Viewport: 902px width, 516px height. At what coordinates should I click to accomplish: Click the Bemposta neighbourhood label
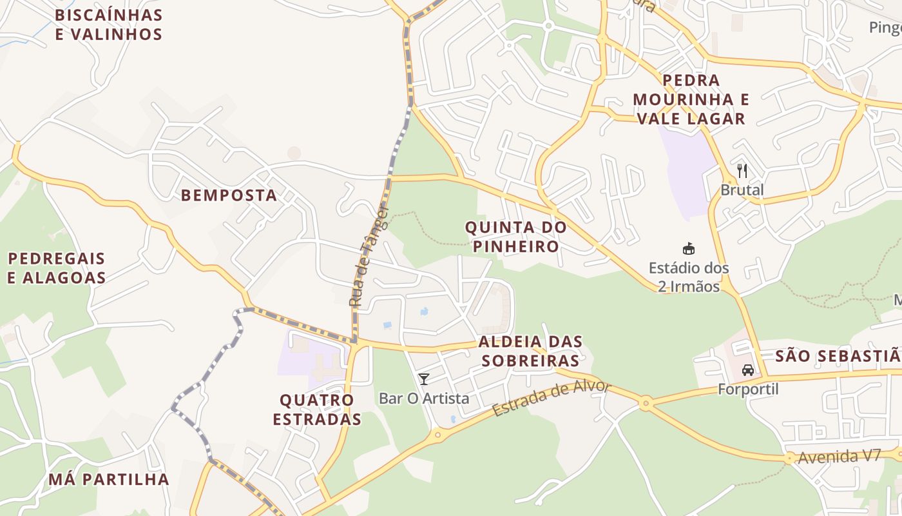(229, 195)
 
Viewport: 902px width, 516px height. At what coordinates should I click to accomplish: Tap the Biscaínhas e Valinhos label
(108, 25)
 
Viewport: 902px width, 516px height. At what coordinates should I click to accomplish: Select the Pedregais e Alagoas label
(57, 268)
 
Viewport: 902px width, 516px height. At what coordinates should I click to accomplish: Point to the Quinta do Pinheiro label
(515, 237)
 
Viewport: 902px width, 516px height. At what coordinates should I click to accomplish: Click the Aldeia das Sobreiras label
(530, 351)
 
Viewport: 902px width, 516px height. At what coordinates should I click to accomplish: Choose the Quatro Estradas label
(316, 410)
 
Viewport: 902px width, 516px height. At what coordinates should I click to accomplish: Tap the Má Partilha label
(108, 479)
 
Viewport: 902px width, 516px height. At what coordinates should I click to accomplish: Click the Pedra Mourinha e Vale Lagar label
(691, 99)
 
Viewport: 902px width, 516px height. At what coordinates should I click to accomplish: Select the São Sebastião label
(837, 356)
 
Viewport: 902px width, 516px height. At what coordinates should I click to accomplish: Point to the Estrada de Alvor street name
(551, 398)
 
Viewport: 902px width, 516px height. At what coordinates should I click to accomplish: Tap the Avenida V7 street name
(839, 456)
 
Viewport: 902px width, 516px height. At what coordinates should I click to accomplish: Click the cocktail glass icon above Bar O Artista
(423, 379)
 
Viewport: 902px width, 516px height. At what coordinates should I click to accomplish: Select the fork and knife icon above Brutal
(742, 171)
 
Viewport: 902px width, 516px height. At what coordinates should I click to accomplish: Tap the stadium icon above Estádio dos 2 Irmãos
(689, 248)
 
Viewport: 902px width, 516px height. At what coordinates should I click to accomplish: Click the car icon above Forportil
(748, 370)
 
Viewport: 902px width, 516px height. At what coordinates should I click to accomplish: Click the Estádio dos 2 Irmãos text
(689, 277)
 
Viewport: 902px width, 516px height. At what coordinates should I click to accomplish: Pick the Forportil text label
(748, 390)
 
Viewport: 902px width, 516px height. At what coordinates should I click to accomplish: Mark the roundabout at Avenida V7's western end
(789, 459)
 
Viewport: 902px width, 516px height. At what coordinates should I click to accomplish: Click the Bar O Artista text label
(424, 399)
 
